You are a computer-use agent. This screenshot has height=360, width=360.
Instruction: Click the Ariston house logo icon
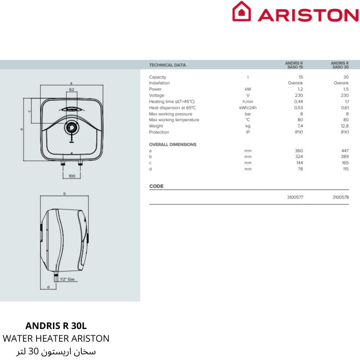click(x=242, y=12)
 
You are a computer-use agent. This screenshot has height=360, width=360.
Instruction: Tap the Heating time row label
click(x=172, y=102)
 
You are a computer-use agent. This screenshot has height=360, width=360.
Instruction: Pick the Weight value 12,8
click(x=345, y=126)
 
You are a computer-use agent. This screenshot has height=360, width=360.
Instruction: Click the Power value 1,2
click(x=300, y=89)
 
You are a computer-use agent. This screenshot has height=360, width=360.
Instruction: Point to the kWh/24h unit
click(x=248, y=108)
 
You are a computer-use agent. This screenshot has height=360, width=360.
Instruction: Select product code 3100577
click(x=295, y=197)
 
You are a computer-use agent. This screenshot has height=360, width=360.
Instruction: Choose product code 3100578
click(x=341, y=197)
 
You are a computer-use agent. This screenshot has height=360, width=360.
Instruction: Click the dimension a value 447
click(x=345, y=151)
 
